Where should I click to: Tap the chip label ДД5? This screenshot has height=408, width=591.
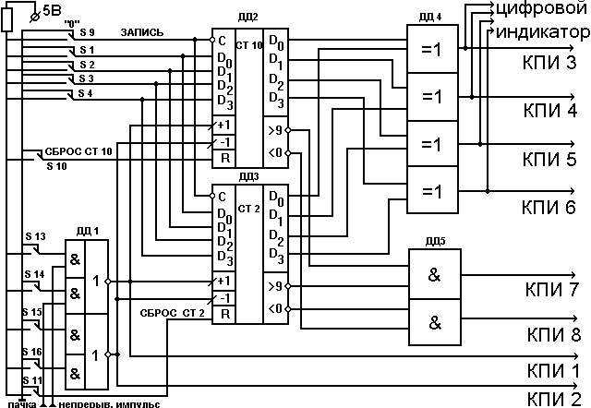432,242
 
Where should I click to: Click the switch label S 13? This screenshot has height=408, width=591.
34,236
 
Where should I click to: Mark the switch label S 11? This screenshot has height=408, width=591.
33,379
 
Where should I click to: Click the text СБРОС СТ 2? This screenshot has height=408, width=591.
173,313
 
